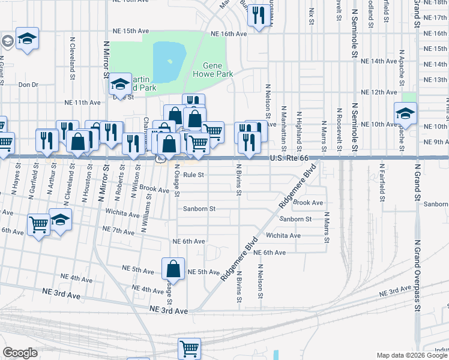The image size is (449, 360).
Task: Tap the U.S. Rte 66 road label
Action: click(289, 158)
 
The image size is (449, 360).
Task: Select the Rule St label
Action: click(194, 175)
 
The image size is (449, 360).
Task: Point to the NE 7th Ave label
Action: click(118, 230)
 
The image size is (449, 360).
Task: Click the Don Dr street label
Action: click(28, 85)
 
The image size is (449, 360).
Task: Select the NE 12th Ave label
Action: click(379, 92)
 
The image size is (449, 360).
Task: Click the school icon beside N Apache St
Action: click(405, 112)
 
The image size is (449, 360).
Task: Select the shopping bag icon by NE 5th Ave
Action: click(173, 268)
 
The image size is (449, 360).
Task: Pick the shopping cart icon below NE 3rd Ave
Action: click(189, 348)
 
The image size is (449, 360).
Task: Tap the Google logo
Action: click(20, 353)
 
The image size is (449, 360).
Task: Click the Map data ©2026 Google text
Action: click(412, 355)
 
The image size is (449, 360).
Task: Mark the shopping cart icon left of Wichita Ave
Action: click(39, 225)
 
